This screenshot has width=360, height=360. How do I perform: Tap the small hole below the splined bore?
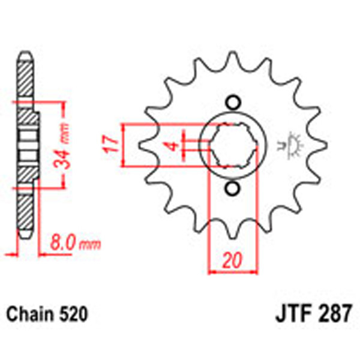click(x=232, y=190)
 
